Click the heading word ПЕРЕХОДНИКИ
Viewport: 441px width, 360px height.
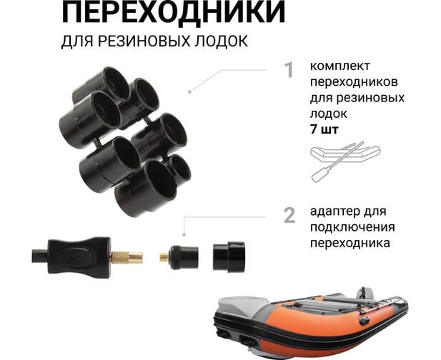(x=173, y=12)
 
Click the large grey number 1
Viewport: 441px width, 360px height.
(x=289, y=70)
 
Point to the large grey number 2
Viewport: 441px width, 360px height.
(x=289, y=215)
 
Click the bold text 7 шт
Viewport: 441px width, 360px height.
(x=324, y=129)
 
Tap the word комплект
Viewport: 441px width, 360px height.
(x=340, y=67)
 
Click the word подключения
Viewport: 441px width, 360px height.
(x=352, y=227)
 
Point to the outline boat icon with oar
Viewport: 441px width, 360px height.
(x=345, y=160)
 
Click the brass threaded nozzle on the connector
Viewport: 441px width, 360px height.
(x=127, y=257)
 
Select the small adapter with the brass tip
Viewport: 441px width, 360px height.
(x=179, y=257)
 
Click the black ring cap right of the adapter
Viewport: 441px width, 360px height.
(x=229, y=257)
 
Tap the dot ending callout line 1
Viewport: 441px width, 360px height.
(x=190, y=91)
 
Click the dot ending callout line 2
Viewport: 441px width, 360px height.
(x=184, y=234)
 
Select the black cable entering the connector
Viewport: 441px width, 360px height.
(x=40, y=256)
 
